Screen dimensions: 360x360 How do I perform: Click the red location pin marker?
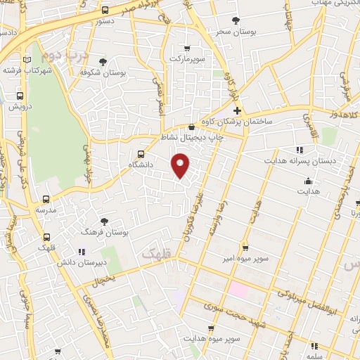tap(181, 165)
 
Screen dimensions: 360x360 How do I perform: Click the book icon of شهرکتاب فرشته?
tap(27, 60)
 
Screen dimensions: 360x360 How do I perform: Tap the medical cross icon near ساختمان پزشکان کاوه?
tap(237, 110)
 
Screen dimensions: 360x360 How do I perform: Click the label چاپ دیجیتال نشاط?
tap(192, 138)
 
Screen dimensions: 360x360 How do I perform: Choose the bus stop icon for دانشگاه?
tap(141, 153)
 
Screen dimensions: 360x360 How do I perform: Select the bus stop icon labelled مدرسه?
tap(46, 200)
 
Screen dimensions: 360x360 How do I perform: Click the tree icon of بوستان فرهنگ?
tap(104, 221)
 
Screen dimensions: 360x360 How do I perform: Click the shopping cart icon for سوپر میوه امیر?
tap(245, 247)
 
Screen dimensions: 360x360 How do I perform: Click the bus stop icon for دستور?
tap(105, 10)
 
